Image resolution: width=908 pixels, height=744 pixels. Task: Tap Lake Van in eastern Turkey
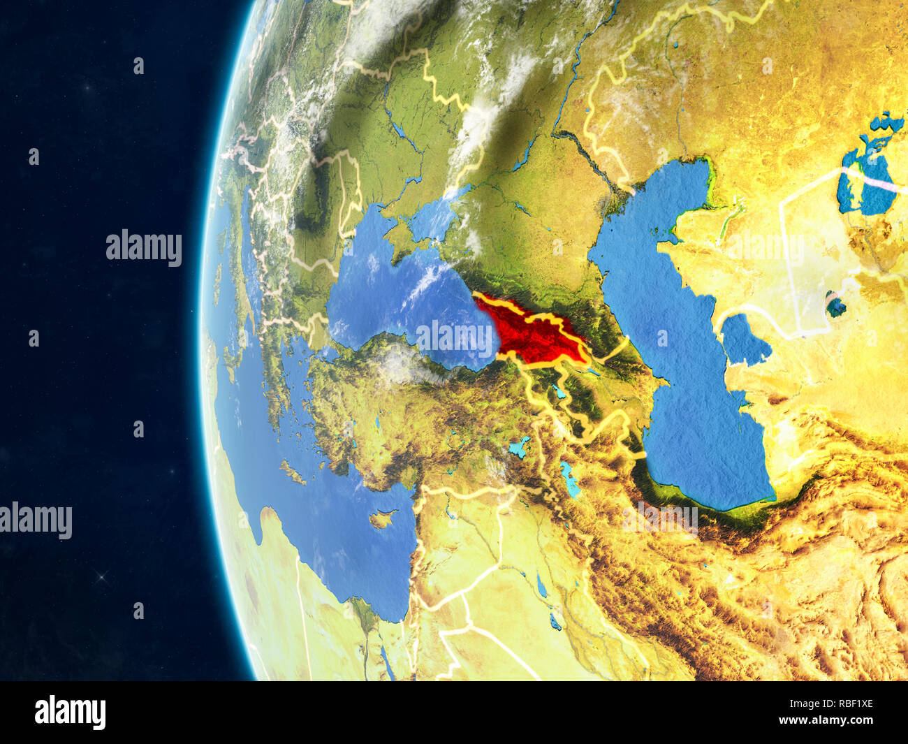coord(520,446)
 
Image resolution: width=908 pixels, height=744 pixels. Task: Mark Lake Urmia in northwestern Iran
coord(569,479)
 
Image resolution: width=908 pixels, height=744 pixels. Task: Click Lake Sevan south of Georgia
coord(559,390)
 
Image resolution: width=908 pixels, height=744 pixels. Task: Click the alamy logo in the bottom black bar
coord(70,713)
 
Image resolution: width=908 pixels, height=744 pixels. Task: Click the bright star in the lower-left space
coord(103,576)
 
